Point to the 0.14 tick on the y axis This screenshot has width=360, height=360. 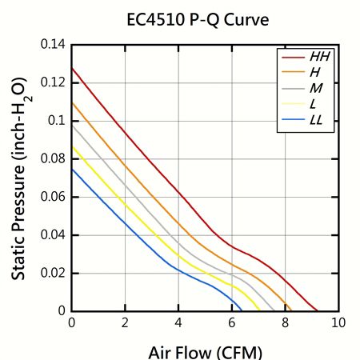pos(53,44)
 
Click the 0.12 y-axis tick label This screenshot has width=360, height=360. pos(53,82)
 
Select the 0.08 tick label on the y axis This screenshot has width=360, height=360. pos(53,158)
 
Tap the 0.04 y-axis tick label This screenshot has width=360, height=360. pos(53,234)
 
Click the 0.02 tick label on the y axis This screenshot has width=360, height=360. pos(53,273)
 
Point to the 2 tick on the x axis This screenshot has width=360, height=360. pos(125,322)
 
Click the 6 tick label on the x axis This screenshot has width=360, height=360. pos(232,322)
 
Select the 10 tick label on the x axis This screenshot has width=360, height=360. pos(338,322)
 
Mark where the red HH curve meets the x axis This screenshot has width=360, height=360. pos(318,310)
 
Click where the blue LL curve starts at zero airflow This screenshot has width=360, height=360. pos(72,168)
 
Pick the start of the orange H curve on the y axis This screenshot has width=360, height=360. pos(72,102)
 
